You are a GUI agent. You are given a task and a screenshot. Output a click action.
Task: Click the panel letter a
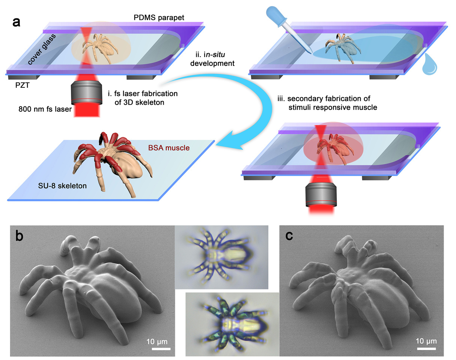tap(16, 22)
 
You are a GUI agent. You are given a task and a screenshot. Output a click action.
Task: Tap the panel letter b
tap(19, 237)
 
